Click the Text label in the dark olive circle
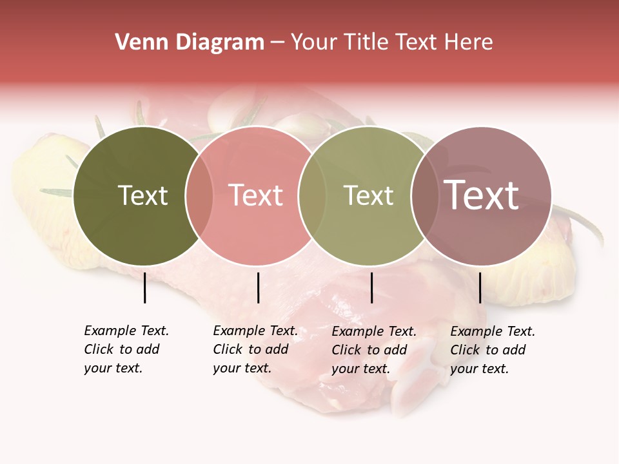[142, 195]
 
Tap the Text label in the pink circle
[255, 195]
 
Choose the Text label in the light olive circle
[368, 195]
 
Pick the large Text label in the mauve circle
[481, 195]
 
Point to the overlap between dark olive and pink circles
[199, 196]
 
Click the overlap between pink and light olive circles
[312, 196]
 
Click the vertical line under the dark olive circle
[144, 287]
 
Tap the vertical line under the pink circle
[258, 287]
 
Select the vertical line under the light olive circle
[371, 287]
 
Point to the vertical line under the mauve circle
[480, 287]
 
